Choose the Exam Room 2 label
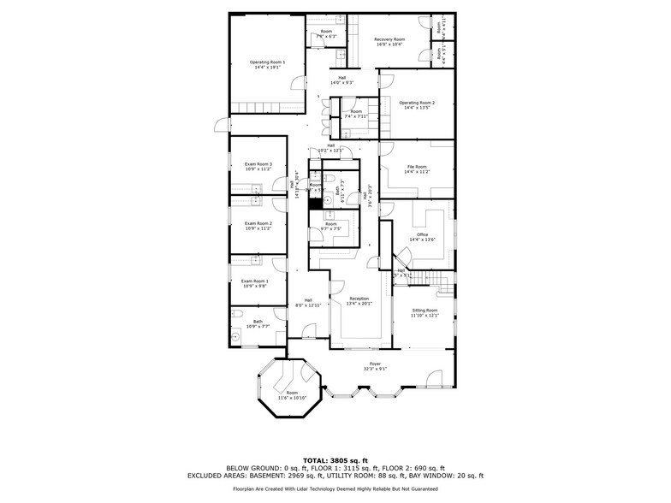pyautogui.click(x=258, y=226)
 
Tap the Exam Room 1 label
pyautogui.click(x=254, y=283)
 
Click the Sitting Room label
pyautogui.click(x=425, y=312)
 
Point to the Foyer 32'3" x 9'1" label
pyautogui.click(x=375, y=366)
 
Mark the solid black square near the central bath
pyautogui.click(x=315, y=204)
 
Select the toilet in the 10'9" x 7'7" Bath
pyautogui.click(x=235, y=338)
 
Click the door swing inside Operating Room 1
pyautogui.click(x=297, y=84)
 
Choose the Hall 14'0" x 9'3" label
pyautogui.click(x=342, y=80)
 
